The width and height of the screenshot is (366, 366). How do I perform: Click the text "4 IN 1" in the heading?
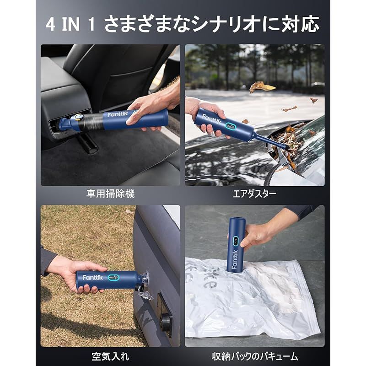coord(71,24)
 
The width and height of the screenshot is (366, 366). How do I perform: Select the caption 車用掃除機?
coord(111,194)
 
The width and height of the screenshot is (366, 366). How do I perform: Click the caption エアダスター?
coord(255,194)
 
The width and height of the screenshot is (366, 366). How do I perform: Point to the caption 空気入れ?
coord(111,355)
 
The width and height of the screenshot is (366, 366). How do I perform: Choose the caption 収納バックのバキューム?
coord(255,355)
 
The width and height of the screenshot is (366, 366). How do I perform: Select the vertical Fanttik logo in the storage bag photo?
coord(234,259)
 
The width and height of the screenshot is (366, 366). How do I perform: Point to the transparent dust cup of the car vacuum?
coord(90,121)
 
